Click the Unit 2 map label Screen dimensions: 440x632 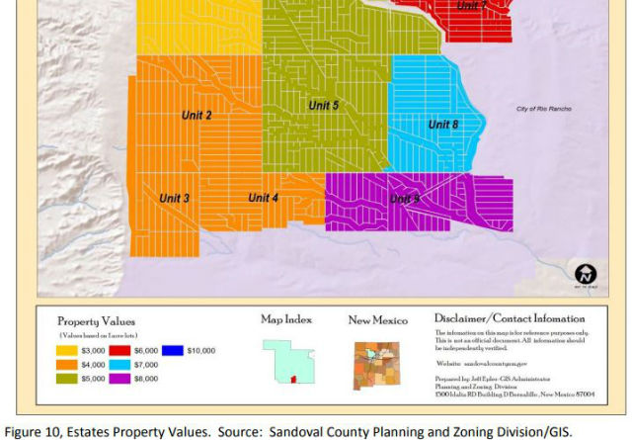(197, 116)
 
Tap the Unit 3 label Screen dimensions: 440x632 (174, 199)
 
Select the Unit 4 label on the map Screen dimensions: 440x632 (263, 198)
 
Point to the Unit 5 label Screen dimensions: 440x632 (323, 105)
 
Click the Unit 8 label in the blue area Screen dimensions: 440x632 (443, 125)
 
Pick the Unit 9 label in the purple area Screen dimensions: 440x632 (404, 199)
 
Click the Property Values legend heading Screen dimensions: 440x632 (96, 321)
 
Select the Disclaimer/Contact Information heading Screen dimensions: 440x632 (510, 318)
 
